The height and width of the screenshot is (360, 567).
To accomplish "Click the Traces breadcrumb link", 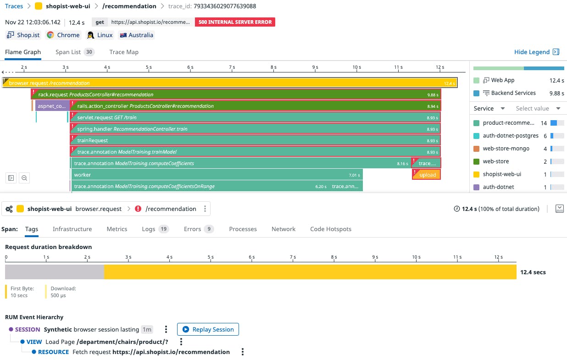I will pyautogui.click(x=14, y=6).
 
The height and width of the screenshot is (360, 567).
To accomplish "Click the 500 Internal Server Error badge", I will pyautogui.click(x=235, y=22).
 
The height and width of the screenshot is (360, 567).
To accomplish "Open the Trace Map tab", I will pyautogui.click(x=124, y=52).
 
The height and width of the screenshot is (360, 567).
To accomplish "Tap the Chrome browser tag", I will pyautogui.click(x=63, y=35).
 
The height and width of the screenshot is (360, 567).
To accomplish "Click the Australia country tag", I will pyautogui.click(x=136, y=35).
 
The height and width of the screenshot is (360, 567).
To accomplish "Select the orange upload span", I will pyautogui.click(x=427, y=175).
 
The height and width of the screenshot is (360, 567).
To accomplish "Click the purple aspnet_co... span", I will pyautogui.click(x=52, y=106).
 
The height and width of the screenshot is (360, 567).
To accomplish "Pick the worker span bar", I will pyautogui.click(x=216, y=175).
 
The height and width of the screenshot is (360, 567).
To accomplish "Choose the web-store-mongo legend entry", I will pyautogui.click(x=506, y=149).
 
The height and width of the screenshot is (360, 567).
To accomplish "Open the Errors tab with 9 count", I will pyautogui.click(x=198, y=229).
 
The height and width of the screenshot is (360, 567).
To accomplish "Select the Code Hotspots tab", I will pyautogui.click(x=330, y=229).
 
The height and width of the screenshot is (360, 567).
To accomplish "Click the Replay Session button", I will pyautogui.click(x=208, y=329).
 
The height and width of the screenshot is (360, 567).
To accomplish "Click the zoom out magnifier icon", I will pyautogui.click(x=24, y=177).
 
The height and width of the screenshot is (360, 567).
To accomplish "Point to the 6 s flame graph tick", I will pyautogui.click(x=190, y=67).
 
